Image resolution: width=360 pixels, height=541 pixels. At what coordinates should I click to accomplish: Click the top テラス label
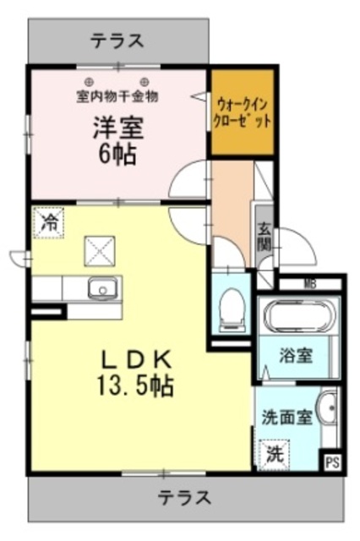[117, 40]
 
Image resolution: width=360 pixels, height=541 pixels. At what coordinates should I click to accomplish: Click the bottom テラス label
[187, 495]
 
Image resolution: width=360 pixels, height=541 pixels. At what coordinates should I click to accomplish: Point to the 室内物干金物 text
[117, 96]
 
